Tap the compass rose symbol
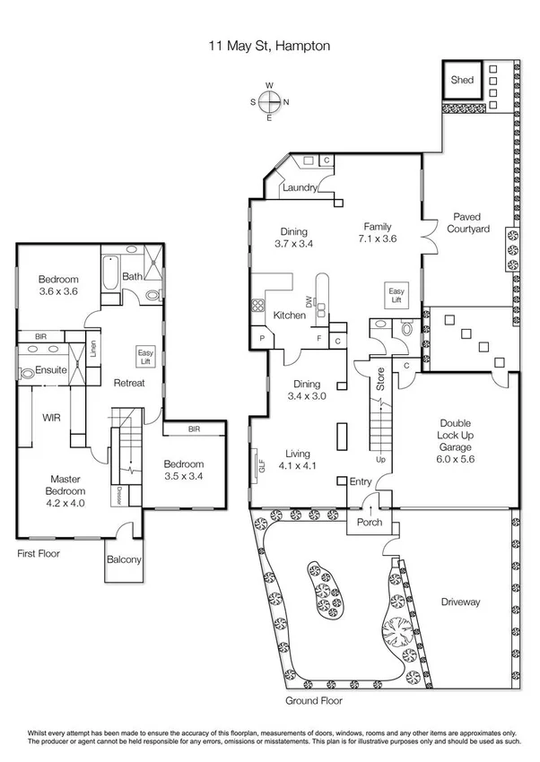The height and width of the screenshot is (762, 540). pyautogui.click(x=269, y=101)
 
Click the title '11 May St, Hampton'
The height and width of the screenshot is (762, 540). pyautogui.click(x=269, y=41)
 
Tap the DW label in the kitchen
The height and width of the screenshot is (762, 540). pyautogui.click(x=309, y=306)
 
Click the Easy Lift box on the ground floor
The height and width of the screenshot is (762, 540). pyautogui.click(x=396, y=296)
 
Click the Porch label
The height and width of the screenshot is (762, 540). pyautogui.click(x=369, y=523)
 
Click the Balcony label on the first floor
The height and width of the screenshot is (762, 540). pyautogui.click(x=125, y=560)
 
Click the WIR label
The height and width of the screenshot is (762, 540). pyautogui.click(x=51, y=417)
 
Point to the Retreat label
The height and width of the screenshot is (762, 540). pyautogui.click(x=130, y=383)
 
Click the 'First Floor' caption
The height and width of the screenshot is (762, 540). pyautogui.click(x=39, y=554)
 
